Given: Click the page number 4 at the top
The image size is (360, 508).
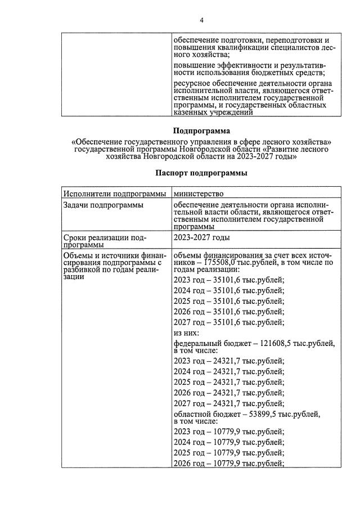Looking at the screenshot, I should tap(202, 21).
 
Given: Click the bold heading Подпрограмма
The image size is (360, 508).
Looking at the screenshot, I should tap(201, 132).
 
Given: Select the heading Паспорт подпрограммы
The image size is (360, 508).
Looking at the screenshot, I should tap(201, 173).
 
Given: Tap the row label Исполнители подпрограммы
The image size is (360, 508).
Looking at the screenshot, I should tap(115, 194).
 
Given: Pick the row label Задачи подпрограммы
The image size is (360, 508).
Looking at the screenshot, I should tap(102, 205).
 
